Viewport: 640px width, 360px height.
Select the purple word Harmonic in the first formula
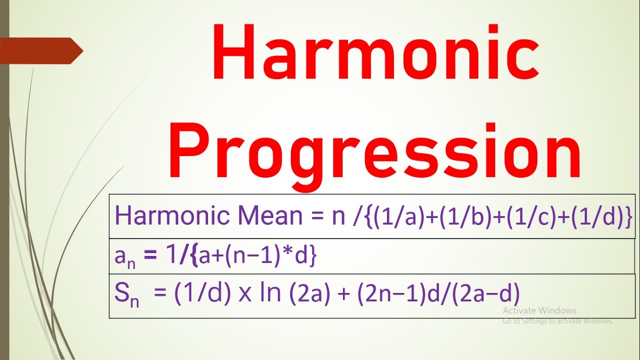(173, 216)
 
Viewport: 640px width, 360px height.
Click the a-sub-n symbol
(124, 257)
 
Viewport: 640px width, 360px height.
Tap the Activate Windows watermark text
(539, 310)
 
